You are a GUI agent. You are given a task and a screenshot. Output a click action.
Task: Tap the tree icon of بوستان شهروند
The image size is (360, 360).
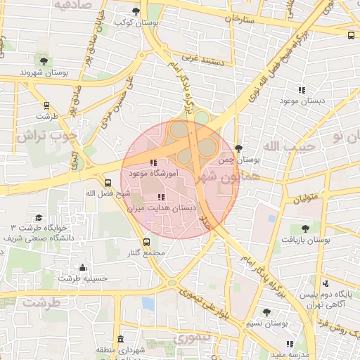pos(45,61)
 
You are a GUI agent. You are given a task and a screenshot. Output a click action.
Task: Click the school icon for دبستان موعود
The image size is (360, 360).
pos(302,90)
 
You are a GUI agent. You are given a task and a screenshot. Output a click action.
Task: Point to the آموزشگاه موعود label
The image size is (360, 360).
pos(154,172)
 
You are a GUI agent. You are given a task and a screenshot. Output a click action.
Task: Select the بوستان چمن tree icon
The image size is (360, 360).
pos(239,148)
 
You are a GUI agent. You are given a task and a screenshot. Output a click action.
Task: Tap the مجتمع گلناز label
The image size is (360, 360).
pos(148,253)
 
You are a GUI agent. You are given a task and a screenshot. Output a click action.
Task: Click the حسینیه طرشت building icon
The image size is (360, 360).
pos(83,267)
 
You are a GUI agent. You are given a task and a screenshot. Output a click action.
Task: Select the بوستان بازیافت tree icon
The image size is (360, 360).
pos(304,229)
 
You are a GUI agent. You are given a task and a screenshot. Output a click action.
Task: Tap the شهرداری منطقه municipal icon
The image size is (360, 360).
pos(120,339)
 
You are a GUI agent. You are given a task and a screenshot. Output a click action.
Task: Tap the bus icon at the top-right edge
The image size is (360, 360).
pos(351,34)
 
